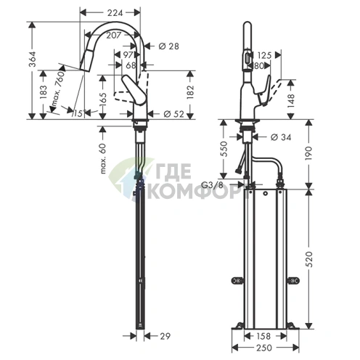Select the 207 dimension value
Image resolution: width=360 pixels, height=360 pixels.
[112, 35]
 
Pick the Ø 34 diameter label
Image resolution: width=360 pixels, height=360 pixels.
[281, 137]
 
